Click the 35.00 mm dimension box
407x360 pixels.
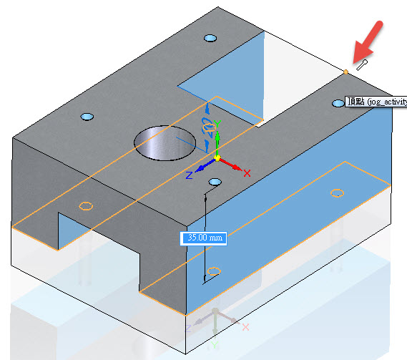coord(203,238)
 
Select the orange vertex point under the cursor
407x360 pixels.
coord(345,72)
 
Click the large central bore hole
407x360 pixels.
coord(165,143)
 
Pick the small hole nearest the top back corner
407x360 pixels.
coord(210,39)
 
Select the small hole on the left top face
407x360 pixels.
coord(87,117)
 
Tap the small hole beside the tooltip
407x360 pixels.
coord(338,103)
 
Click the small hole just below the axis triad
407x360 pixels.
coord(215,182)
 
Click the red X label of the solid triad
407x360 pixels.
coord(247,173)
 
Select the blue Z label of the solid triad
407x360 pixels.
coord(190,175)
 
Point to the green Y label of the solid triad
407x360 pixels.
coord(217,124)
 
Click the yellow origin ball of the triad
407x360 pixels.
coord(217,158)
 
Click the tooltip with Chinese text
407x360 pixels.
coord(376,102)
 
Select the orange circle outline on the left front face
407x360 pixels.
coord(86,206)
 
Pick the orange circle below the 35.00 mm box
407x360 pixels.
coord(214,271)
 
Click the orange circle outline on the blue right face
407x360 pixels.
coord(337,193)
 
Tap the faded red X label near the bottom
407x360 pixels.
coord(245,327)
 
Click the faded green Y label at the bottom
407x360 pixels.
coord(215,345)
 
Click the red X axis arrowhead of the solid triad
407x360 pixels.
coord(237,167)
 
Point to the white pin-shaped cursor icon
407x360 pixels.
coord(362,65)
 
